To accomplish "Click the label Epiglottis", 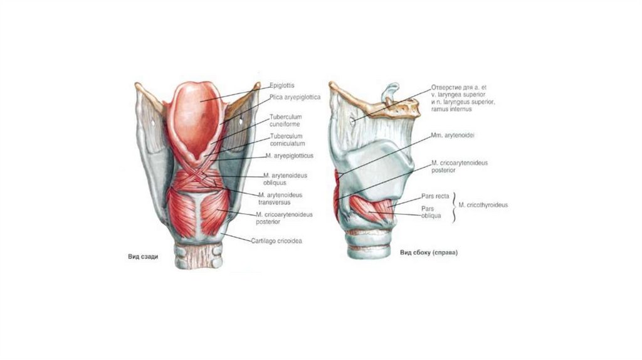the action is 282,85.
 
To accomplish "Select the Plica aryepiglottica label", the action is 295,97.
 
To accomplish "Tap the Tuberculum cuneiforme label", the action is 285,120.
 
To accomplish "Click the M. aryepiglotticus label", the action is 289,156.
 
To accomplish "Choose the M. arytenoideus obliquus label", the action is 283,178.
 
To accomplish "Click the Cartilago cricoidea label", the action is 276,240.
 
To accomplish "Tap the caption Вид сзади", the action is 144,257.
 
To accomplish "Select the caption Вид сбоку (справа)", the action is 429,253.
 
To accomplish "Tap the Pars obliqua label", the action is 431,212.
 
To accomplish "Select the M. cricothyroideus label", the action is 483,204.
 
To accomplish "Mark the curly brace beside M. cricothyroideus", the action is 455,204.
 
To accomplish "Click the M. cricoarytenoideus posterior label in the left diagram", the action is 284,218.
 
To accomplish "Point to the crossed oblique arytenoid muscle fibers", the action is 202,177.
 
